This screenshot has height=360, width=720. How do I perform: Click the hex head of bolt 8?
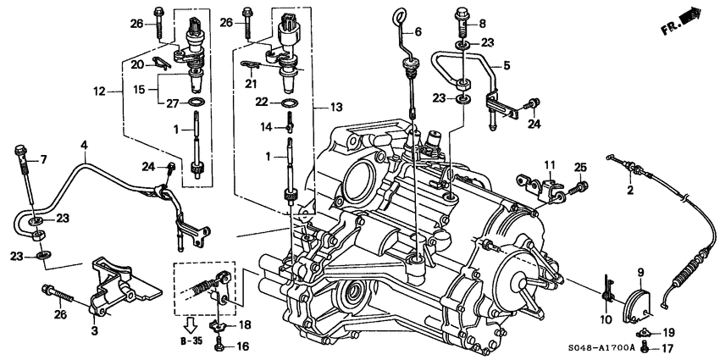click(x=462, y=14)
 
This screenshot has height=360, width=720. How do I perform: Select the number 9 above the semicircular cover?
click(x=640, y=271)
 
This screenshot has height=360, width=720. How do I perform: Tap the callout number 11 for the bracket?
click(x=547, y=164)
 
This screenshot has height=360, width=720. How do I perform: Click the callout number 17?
click(x=668, y=346)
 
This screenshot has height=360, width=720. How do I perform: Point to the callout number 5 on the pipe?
click(x=507, y=64)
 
